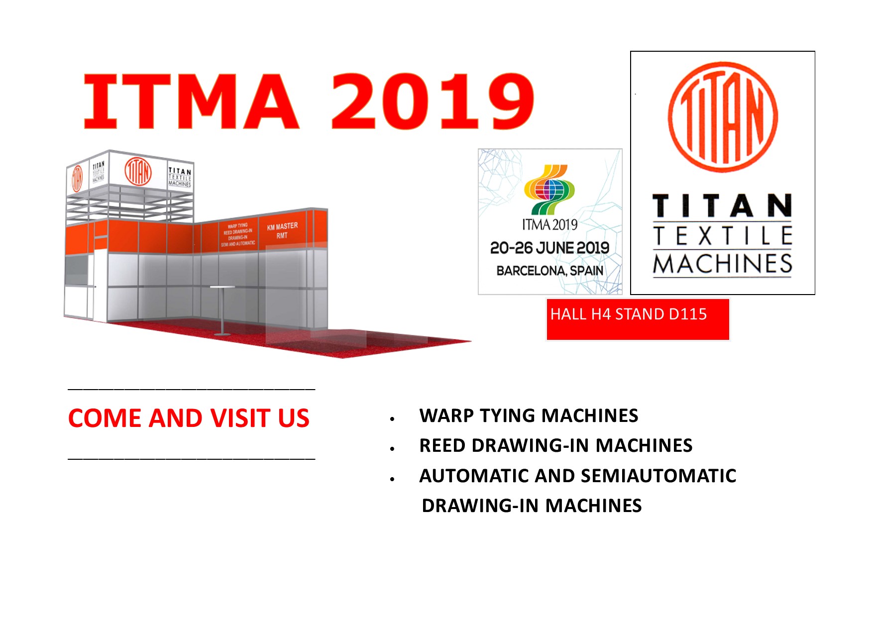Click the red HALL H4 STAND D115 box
point(637,319)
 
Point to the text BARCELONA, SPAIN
point(549,271)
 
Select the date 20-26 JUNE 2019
point(549,248)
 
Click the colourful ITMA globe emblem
point(549,189)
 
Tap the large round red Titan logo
point(723,117)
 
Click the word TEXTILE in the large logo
point(723,235)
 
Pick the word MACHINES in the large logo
point(723,264)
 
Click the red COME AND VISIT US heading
point(189,418)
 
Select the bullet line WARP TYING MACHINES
point(529,415)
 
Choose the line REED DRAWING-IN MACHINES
point(555,445)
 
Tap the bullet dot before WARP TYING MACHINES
point(393,419)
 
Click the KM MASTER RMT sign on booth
point(282,230)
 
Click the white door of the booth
point(100,286)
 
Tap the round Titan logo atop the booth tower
point(138,172)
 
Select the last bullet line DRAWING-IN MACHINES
point(532,506)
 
